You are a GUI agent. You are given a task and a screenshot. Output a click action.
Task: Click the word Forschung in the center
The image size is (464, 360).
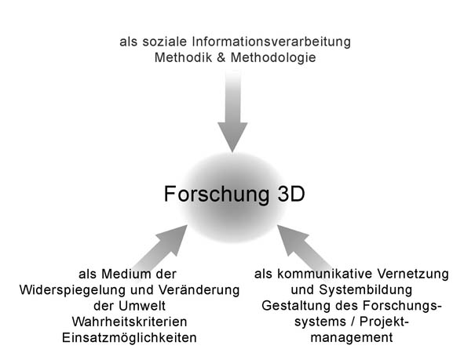(x=217, y=195)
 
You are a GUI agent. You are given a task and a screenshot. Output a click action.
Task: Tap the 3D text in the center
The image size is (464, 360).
(x=291, y=194)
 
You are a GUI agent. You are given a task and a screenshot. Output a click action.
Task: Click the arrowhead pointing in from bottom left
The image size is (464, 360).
(x=174, y=238)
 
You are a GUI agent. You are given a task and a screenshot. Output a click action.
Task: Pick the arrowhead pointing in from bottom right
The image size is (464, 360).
(x=291, y=238)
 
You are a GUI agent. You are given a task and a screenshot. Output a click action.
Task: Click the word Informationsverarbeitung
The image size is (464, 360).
(x=272, y=42)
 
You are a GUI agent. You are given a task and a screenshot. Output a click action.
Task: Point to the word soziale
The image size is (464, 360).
(x=165, y=42)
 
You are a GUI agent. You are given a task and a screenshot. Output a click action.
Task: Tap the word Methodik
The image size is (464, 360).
(x=183, y=57)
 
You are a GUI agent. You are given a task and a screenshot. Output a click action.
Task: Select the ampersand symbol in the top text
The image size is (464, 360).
(x=221, y=57)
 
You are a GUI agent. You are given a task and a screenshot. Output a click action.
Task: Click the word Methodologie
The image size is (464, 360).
(x=273, y=58)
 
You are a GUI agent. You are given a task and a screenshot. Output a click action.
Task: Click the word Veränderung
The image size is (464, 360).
(x=199, y=290)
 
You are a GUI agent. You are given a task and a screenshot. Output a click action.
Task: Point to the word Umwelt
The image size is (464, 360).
(x=142, y=306)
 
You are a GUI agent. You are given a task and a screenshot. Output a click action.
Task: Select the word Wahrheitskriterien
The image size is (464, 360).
(x=130, y=322)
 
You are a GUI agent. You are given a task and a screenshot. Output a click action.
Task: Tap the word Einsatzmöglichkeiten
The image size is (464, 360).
(x=130, y=338)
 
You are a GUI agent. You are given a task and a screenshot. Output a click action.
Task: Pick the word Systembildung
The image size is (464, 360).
(x=365, y=290)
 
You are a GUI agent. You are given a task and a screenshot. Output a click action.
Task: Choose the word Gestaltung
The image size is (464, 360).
(x=296, y=307)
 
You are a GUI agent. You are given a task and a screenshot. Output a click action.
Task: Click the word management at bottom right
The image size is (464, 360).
(x=352, y=338)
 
